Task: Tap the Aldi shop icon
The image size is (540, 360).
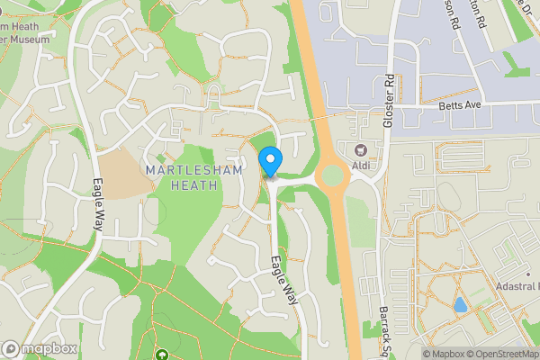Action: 362,149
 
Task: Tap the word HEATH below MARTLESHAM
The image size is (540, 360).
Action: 195,185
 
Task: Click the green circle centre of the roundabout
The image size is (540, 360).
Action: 333,175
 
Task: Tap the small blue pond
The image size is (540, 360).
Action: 460,304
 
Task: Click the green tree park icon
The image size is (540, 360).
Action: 163,355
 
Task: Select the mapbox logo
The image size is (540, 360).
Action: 40,348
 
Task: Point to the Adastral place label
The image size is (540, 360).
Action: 518,286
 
